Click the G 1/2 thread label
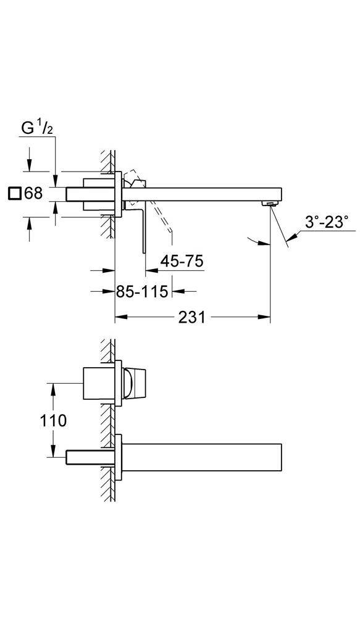click(38, 129)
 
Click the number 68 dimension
click(34, 193)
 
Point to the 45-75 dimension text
click(182, 261)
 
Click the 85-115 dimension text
click(142, 291)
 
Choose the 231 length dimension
click(191, 318)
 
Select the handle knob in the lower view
click(135, 383)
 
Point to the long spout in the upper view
click(204, 194)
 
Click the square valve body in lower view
click(99, 384)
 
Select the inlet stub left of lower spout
click(89, 457)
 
